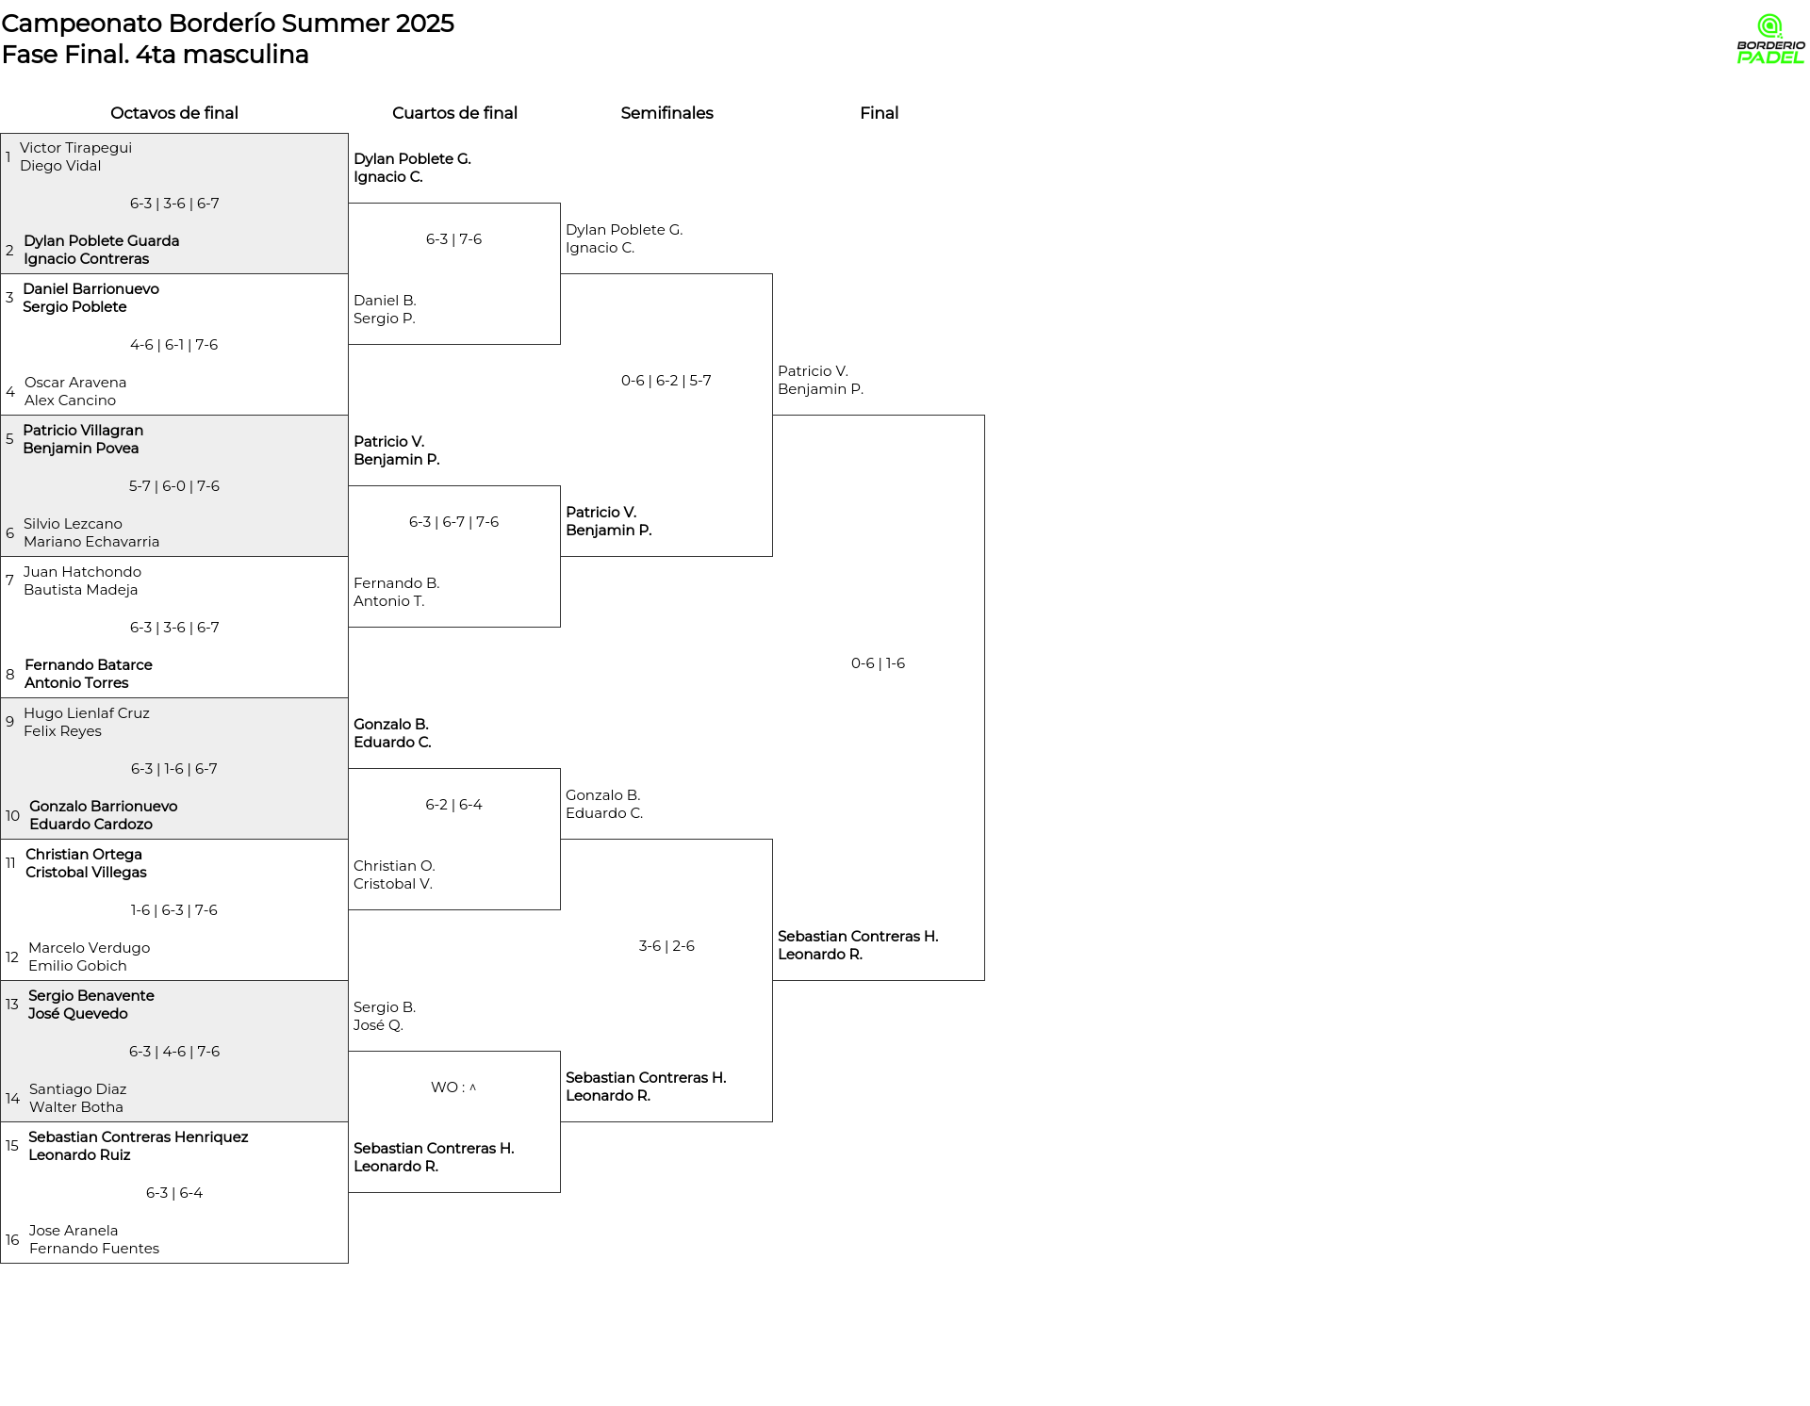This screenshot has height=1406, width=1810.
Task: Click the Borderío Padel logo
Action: (x=1770, y=40)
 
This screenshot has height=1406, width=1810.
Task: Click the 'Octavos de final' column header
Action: (x=174, y=113)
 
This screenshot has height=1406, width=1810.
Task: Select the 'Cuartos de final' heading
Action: (x=454, y=113)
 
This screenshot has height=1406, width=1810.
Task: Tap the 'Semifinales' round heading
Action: (x=666, y=113)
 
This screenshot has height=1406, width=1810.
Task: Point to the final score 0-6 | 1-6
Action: (x=878, y=663)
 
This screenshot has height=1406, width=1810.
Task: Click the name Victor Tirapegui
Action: (x=75, y=148)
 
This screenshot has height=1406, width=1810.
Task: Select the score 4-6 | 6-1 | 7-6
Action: (x=173, y=345)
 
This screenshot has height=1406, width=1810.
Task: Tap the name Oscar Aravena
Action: (x=75, y=383)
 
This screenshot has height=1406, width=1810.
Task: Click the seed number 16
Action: (x=12, y=1240)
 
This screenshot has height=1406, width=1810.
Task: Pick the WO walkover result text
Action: (x=453, y=1087)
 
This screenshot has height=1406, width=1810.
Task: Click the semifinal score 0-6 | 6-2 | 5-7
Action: (x=666, y=381)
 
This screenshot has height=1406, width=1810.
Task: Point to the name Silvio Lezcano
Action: (x=73, y=524)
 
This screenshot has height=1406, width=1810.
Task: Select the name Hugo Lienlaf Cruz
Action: (x=87, y=713)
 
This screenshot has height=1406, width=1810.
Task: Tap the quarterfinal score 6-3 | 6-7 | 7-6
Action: (x=453, y=522)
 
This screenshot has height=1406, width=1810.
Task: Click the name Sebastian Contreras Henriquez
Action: (x=138, y=1137)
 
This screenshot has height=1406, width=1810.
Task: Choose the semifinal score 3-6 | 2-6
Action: (x=666, y=946)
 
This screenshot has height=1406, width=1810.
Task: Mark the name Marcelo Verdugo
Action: (x=89, y=948)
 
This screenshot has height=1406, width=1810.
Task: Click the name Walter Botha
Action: (x=76, y=1107)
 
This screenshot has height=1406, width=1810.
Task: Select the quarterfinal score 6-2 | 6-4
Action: (x=453, y=805)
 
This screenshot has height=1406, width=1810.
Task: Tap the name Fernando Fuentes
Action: (x=94, y=1249)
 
